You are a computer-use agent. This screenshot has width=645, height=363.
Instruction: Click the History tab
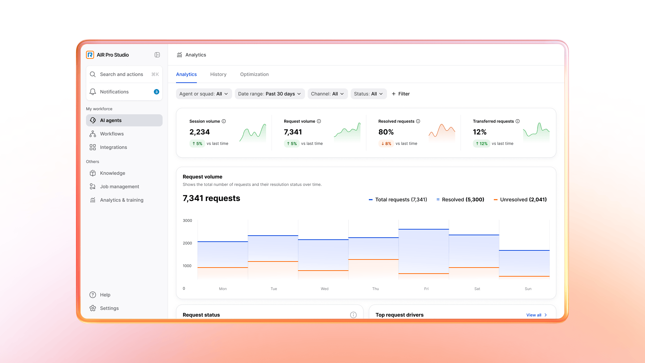point(218,74)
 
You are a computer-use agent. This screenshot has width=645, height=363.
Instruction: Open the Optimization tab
point(254,74)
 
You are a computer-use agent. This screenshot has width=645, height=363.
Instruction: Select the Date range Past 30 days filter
point(269,94)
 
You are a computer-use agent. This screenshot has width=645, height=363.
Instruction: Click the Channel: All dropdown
point(327,94)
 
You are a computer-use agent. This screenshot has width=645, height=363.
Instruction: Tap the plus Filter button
point(400,94)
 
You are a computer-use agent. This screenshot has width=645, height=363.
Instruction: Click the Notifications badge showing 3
point(156,92)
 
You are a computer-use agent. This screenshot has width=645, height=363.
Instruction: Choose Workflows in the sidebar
point(112,134)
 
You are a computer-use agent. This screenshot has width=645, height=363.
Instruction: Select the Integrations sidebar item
point(113,147)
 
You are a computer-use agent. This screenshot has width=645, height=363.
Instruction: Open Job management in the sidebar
point(119,187)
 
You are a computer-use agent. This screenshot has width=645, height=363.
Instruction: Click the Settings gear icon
point(93,308)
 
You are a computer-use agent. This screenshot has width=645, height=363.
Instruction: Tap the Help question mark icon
point(93,295)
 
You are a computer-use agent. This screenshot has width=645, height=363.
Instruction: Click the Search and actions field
point(121,74)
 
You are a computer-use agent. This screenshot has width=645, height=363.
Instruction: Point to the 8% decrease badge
point(386,144)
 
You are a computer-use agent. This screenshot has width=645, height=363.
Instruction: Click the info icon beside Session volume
point(224,121)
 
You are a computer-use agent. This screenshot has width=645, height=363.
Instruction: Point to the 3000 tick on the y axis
point(187,220)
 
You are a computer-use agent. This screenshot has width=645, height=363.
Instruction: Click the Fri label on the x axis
point(426,289)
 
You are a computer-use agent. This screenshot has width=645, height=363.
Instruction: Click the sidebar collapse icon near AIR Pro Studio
point(157,55)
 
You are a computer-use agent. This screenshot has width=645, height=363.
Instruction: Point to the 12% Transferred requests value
point(479,132)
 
